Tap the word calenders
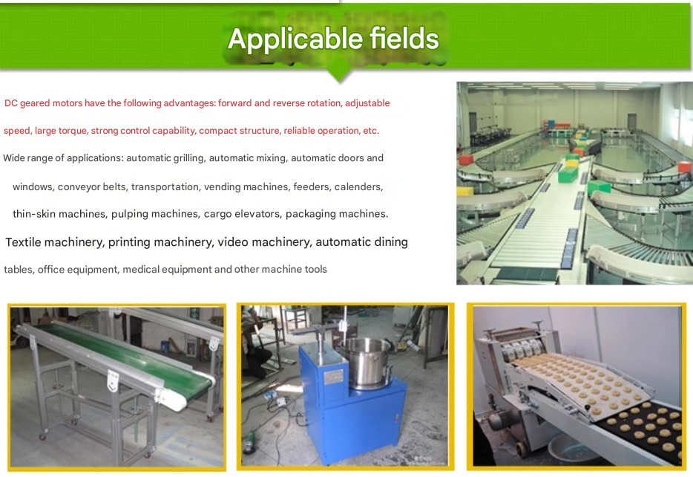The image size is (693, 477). click(x=358, y=186)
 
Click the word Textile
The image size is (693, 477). click(x=23, y=242)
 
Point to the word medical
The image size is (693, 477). click(x=139, y=270)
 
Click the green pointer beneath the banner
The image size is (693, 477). click(x=339, y=74)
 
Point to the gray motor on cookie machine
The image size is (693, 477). click(x=499, y=419)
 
